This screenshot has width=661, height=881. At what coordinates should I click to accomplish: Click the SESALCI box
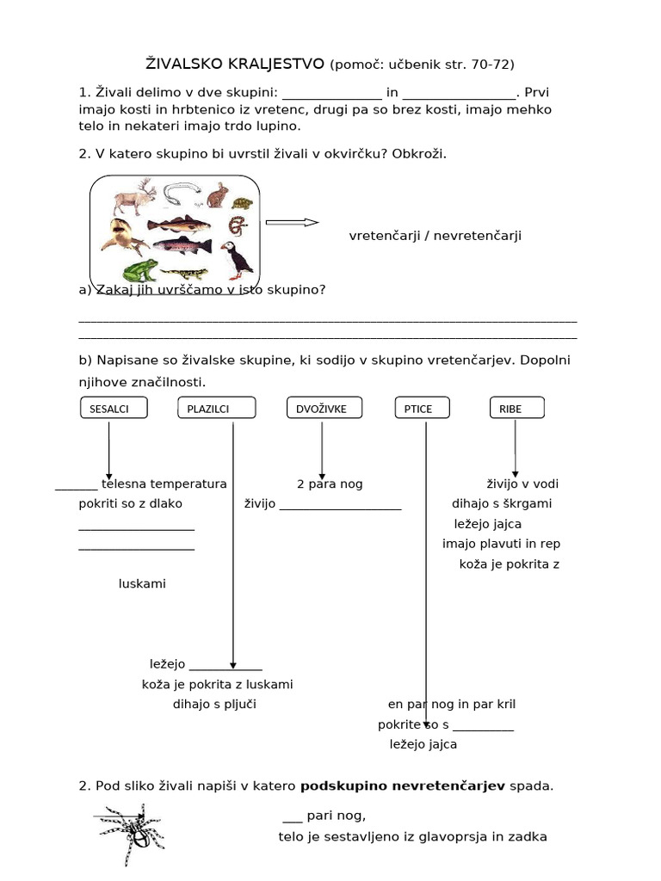point(113,409)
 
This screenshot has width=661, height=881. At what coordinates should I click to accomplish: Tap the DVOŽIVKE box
point(322,409)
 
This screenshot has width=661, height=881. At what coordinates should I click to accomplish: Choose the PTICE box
point(418,409)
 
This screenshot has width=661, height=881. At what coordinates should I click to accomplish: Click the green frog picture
point(138,270)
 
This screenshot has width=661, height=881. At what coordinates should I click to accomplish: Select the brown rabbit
point(219,195)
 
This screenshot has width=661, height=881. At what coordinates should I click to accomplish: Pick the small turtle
point(244,204)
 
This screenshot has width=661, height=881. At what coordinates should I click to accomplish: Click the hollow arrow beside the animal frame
point(292,222)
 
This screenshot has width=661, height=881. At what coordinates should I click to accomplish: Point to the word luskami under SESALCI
point(142,584)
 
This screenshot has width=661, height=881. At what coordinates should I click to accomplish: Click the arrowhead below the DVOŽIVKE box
point(322,474)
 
